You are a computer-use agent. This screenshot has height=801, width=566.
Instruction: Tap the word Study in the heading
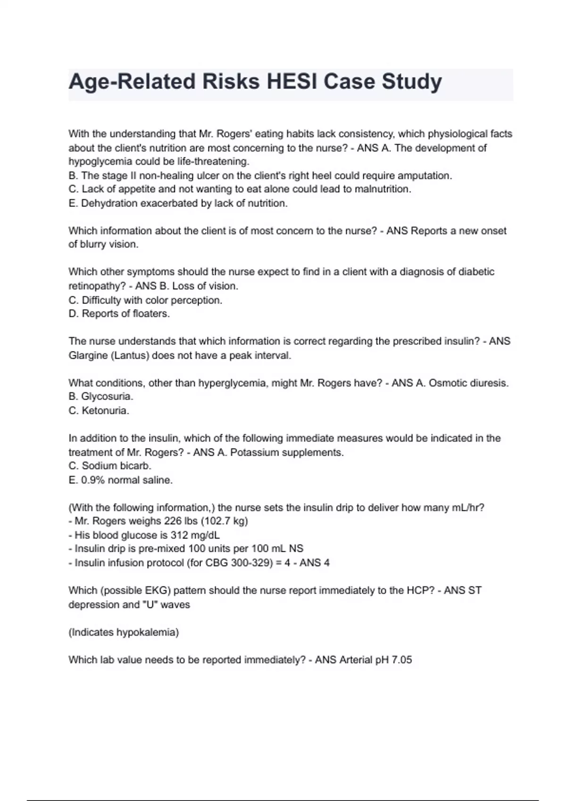412,82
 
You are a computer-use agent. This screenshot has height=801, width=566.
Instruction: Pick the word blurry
87,245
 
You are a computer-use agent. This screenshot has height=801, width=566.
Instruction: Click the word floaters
147,314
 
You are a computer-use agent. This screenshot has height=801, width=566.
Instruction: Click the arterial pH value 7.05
401,660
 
